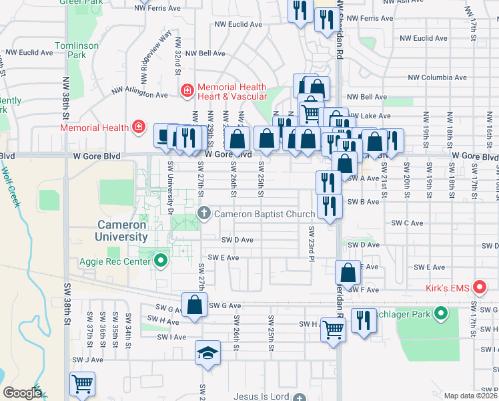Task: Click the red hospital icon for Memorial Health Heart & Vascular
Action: coord(187,90)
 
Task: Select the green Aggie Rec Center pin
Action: coord(160,259)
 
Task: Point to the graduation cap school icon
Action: coord(207,353)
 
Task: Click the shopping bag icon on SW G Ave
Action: coord(194,305)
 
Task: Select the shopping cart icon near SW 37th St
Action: coord(82,384)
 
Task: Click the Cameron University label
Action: coord(113,231)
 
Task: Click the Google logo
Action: coord(22,393)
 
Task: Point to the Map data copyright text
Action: coord(470,396)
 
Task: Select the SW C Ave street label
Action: coord(408,223)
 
